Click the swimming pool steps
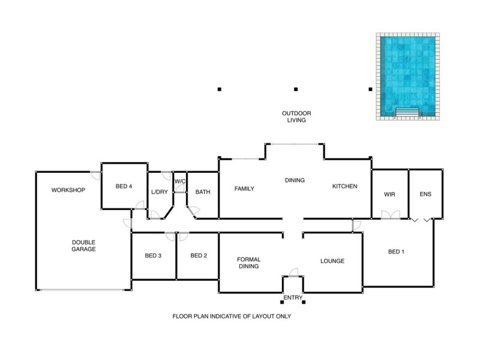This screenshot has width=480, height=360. tap(408, 111)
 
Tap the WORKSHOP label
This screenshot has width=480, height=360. tap(68, 190)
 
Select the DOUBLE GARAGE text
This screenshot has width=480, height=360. tap(84, 245)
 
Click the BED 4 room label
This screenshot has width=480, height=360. tap(124, 187)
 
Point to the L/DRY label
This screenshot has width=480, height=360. tap(159, 192)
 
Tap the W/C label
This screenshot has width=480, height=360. tap(180, 181)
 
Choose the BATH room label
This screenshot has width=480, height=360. tap(203, 193)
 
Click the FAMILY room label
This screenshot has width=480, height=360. tap(244, 189)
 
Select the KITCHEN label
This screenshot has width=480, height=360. tap(345, 187)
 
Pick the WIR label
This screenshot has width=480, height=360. tap(389, 194)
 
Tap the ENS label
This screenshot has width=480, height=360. tap(425, 194)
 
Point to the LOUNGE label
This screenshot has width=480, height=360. tap(332, 261)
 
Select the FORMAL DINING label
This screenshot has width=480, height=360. tap(249, 263)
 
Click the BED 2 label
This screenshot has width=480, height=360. tap(199, 256)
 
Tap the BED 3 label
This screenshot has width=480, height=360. tap(154, 256)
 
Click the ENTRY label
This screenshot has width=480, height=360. tap(293, 298)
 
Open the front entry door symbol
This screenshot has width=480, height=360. tap(293, 273)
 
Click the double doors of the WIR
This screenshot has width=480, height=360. tap(390, 214)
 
